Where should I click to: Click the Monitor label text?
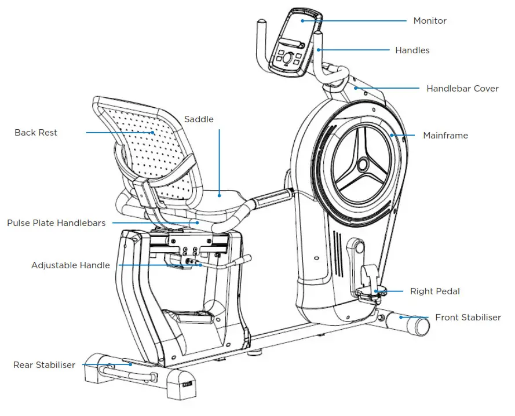[x=429, y=21]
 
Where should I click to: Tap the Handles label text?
[x=412, y=50]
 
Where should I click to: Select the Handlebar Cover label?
[x=462, y=89]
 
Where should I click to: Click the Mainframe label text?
[x=445, y=136]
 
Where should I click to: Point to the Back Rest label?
[x=36, y=133]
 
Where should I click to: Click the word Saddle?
[x=199, y=119]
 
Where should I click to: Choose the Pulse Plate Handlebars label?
[x=56, y=223]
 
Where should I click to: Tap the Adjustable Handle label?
[x=70, y=265]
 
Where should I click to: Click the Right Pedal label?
[x=434, y=291]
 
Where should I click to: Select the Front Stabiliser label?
[x=467, y=318]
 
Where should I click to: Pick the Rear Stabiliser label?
[x=44, y=365]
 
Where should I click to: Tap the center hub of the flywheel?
[x=363, y=165]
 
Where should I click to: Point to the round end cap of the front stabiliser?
[x=421, y=326]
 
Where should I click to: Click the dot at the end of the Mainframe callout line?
[x=392, y=136]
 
